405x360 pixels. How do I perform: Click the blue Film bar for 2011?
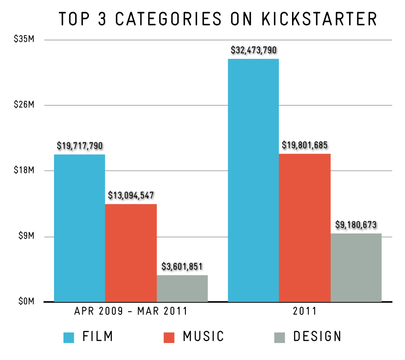(253, 180)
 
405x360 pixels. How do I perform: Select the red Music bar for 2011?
(305, 227)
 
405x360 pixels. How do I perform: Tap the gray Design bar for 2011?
(356, 267)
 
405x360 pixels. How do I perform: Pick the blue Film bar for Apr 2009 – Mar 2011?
(80, 228)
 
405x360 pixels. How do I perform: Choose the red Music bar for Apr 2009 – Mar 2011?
(131, 252)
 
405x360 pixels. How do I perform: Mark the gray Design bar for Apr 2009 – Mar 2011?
(182, 288)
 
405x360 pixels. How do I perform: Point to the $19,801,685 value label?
(305, 146)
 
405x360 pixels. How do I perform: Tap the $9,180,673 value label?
(356, 225)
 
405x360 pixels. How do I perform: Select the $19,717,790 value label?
(80, 146)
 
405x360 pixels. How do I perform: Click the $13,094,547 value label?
(131, 196)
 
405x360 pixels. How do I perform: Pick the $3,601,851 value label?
(182, 266)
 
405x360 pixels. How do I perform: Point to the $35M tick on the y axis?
(23, 40)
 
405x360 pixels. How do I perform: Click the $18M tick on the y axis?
(23, 171)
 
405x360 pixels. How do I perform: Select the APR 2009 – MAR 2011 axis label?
(131, 311)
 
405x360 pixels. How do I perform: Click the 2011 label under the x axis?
(305, 311)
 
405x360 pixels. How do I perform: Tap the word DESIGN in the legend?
(317, 337)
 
